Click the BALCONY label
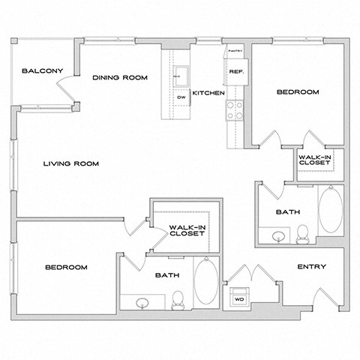[42, 71]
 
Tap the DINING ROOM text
[119, 76]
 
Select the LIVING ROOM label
[70, 163]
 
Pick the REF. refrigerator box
[233, 72]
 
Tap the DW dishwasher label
[181, 97]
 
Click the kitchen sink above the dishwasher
[181, 74]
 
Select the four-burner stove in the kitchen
[233, 110]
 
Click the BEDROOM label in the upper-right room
[298, 92]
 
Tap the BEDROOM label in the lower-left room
[65, 267]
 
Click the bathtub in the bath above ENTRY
[329, 212]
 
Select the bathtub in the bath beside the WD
[206, 283]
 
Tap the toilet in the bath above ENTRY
[302, 233]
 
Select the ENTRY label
[311, 268]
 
